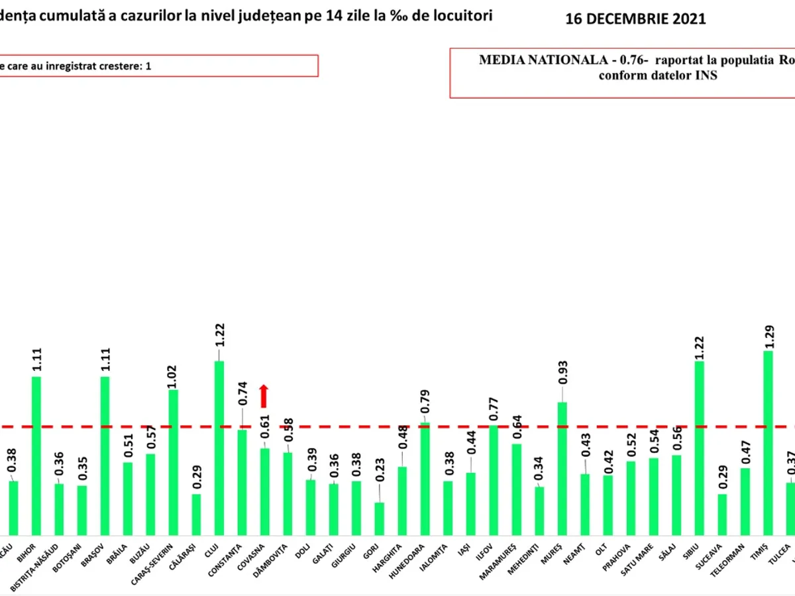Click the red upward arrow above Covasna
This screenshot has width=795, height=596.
coord(264,396)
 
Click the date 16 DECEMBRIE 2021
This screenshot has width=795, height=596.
coord(635,19)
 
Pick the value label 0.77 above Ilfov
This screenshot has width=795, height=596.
coord(494,411)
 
